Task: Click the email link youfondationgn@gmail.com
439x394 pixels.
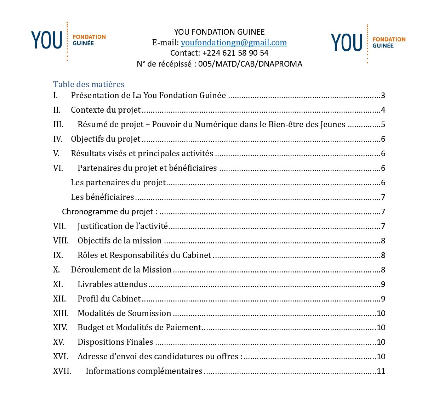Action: [234, 43]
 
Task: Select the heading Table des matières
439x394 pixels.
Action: [89, 84]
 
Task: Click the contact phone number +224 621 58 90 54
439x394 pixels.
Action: [235, 53]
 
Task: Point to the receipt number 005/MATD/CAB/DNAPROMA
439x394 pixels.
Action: [250, 64]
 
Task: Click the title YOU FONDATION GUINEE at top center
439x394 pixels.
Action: [219, 32]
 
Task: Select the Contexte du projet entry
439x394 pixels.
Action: [106, 110]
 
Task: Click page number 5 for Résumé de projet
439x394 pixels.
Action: [383, 125]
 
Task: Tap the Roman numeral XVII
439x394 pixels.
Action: [62, 371]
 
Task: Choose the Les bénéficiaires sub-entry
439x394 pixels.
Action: [102, 197]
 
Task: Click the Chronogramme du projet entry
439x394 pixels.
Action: [109, 212]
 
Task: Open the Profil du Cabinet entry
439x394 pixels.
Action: [109, 299]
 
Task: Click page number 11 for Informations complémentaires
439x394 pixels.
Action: [381, 371]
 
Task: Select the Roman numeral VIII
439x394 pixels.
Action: [61, 241]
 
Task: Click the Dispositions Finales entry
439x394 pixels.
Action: [115, 342]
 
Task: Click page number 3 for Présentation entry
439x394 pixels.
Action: [383, 96]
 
